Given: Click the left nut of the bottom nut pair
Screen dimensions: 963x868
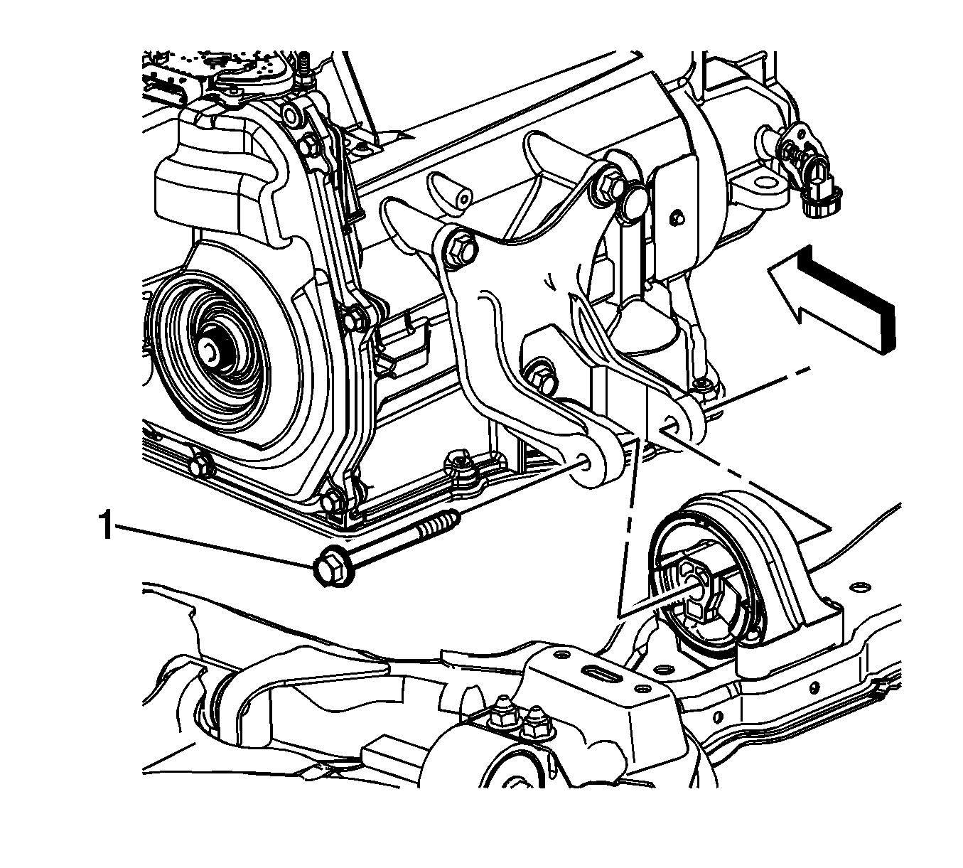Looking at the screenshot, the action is click(500, 714).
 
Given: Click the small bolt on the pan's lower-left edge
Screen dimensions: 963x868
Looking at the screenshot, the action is click(200, 465).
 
